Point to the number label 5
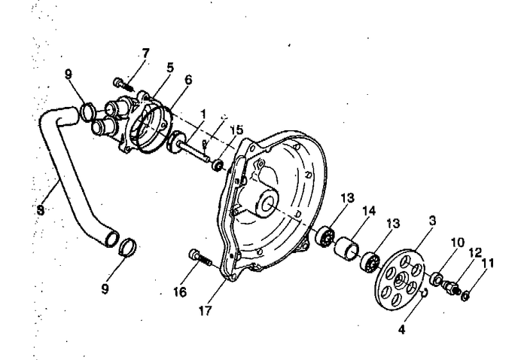(x=170, y=67)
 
